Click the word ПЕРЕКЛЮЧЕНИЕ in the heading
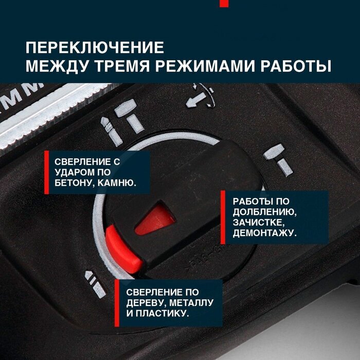pyautogui.click(x=95, y=47)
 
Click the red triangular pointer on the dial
pyautogui.click(x=156, y=219)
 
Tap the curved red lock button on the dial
pyautogui.click(x=123, y=249)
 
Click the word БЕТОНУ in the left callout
pyautogui.click(x=74, y=183)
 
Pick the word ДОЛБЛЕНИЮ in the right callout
pyautogui.click(x=265, y=212)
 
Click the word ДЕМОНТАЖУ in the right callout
pyautogui.click(x=265, y=233)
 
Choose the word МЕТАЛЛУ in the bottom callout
pyautogui.click(x=191, y=303)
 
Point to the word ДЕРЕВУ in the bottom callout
pyautogui.click(x=146, y=303)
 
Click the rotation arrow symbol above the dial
pyautogui.click(x=200, y=97)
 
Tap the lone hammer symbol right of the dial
pyautogui.click(x=278, y=160)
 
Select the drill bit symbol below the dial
pyautogui.click(x=95, y=284)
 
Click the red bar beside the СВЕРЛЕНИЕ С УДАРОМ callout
pyautogui.click(x=47, y=172)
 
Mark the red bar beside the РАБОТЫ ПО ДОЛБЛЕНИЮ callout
pyautogui.click(x=223, y=217)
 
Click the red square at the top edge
pyautogui.click(x=224, y=4)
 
